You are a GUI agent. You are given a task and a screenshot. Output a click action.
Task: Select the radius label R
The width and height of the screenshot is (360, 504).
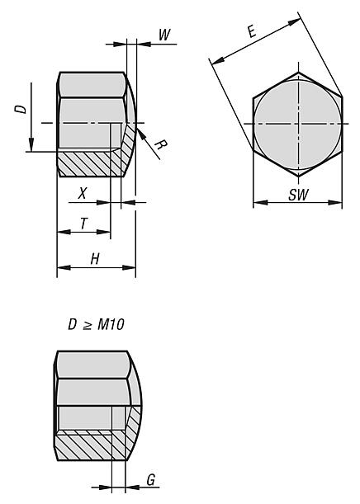(x=160, y=147)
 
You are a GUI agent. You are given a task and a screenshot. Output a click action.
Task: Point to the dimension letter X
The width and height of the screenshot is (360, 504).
(x=82, y=193)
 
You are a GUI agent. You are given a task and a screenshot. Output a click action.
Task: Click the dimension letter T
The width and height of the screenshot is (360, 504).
(x=83, y=222)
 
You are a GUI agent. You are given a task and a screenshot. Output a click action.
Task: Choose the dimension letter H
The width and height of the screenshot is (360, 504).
(x=95, y=258)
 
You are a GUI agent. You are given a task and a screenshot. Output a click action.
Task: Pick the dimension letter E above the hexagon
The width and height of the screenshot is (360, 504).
(x=251, y=32)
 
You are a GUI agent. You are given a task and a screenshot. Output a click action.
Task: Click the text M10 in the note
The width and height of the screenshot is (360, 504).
(x=110, y=324)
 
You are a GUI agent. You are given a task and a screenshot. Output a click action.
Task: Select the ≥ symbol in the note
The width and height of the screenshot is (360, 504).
(x=87, y=324)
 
